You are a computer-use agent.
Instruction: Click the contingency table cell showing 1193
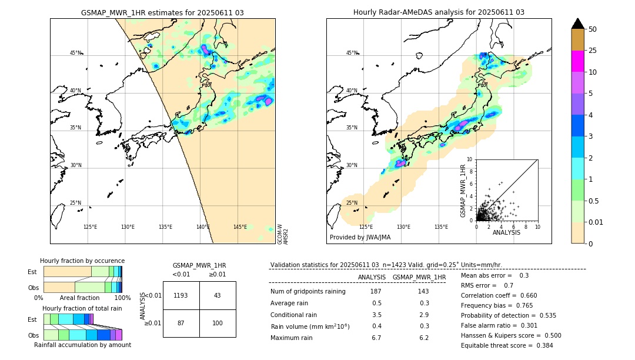[x=181, y=295]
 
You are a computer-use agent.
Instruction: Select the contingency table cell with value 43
[x=218, y=295]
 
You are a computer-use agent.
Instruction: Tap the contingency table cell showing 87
[x=181, y=324]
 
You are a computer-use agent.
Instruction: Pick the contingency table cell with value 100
[x=218, y=324]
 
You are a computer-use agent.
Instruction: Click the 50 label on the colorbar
[x=593, y=29]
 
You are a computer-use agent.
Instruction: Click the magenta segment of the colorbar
[x=577, y=61]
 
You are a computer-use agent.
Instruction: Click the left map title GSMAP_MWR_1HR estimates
[x=162, y=12]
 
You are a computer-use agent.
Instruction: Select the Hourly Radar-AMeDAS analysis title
[x=439, y=12]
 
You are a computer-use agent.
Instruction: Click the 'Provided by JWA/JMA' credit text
[x=360, y=237]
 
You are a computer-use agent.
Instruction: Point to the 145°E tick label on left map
[x=240, y=227]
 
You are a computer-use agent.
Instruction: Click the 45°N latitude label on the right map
[x=352, y=53]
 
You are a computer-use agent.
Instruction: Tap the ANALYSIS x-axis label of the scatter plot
[x=506, y=232]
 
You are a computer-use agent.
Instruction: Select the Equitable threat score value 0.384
[x=542, y=345]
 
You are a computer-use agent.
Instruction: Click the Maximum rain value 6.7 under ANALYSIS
[x=376, y=338]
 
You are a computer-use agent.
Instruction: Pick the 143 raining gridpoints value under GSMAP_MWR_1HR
[x=423, y=292]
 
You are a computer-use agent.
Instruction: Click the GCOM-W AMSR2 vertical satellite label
[x=283, y=234]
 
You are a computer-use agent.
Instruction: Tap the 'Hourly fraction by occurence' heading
[x=82, y=261]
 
